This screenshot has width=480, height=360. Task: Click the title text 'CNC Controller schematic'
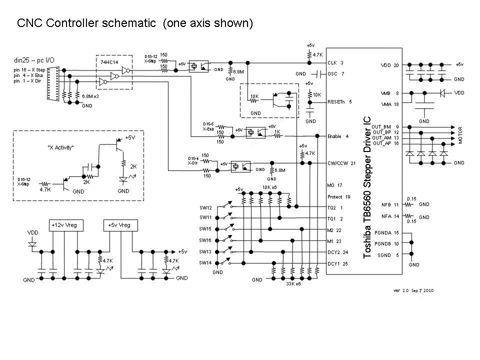[87, 23]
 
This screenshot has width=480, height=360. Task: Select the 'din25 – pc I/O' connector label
[35, 60]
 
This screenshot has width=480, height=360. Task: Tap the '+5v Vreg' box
[119, 225]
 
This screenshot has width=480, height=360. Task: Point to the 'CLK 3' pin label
[335, 63]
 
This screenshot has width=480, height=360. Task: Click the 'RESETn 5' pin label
[340, 101]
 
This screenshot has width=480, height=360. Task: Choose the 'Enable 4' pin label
[337, 135]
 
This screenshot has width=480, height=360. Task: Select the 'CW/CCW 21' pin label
[341, 163]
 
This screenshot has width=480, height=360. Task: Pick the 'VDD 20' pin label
[390, 65]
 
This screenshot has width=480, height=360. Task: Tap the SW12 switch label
[205, 207]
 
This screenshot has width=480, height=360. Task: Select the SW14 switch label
[205, 262]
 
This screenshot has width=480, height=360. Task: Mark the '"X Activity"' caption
[61, 147]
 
